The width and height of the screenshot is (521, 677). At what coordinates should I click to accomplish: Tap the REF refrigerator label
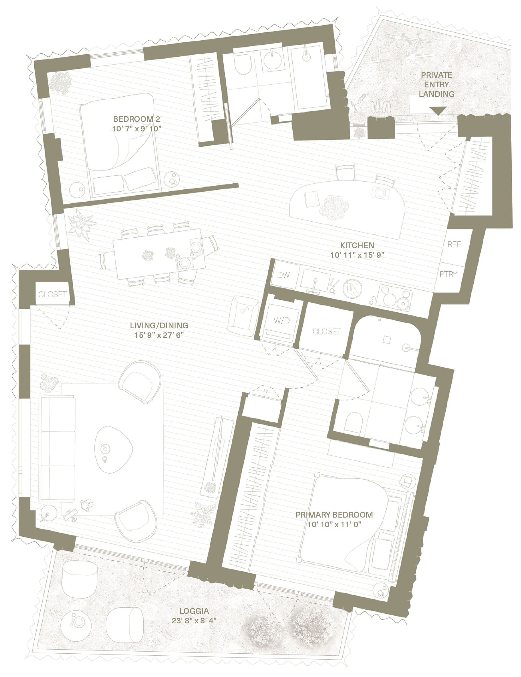point(454,244)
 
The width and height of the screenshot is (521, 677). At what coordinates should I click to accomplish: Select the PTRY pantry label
point(448,274)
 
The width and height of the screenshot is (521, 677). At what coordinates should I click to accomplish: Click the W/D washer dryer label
point(282,321)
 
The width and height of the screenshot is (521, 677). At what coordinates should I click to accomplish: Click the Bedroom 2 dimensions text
point(137,128)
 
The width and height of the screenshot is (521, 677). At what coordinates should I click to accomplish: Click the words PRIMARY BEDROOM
point(334,515)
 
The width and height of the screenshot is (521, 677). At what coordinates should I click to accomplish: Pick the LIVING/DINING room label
point(159,325)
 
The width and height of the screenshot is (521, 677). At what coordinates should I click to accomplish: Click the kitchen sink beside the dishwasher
point(315,280)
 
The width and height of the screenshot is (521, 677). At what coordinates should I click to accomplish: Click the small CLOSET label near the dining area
point(52,294)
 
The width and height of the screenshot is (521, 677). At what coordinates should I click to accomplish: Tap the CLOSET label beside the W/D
point(327,332)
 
